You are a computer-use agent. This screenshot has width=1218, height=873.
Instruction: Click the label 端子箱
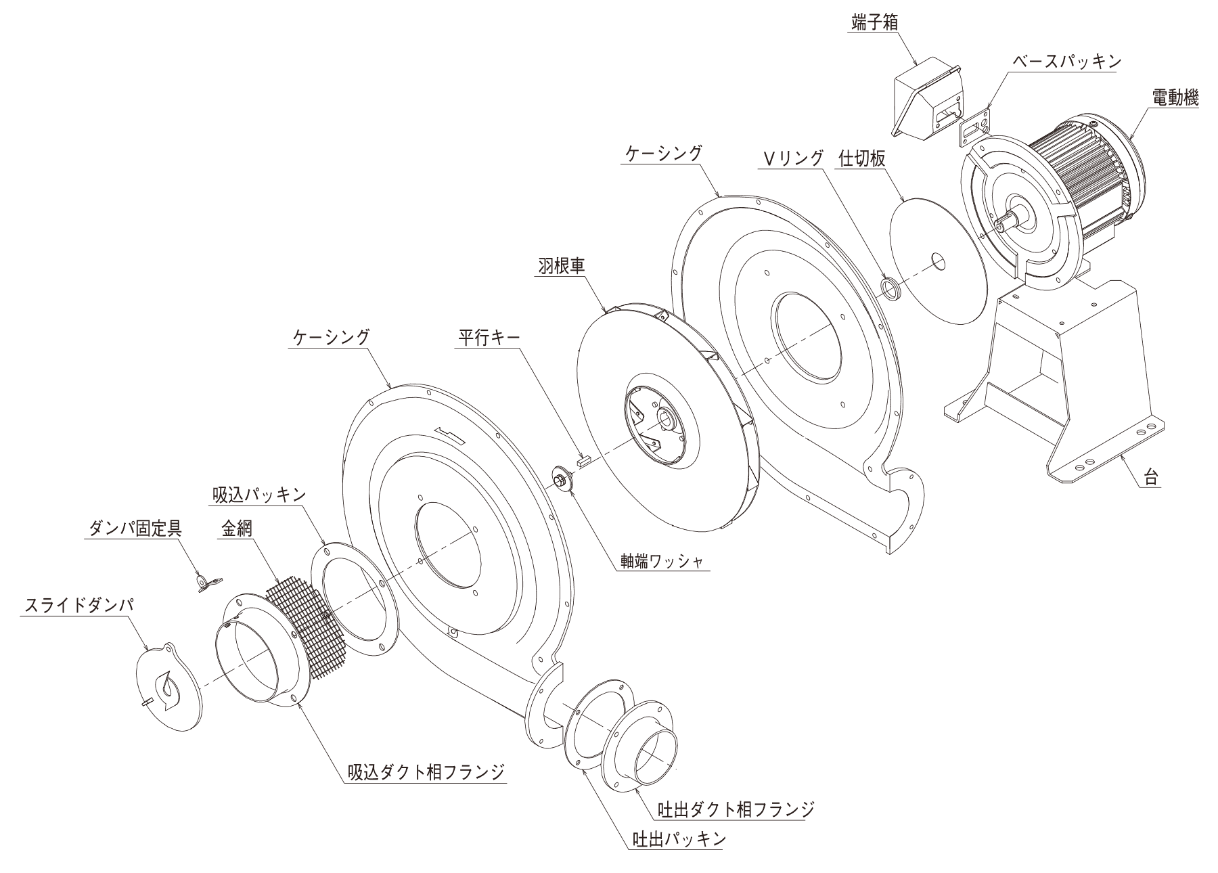click(874, 23)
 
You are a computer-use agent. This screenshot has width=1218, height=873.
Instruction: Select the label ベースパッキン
click(1066, 61)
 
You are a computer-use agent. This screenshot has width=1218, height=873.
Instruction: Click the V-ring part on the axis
click(891, 288)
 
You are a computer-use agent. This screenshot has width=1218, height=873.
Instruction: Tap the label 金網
click(236, 529)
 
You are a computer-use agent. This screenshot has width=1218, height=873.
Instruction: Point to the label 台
click(1150, 478)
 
